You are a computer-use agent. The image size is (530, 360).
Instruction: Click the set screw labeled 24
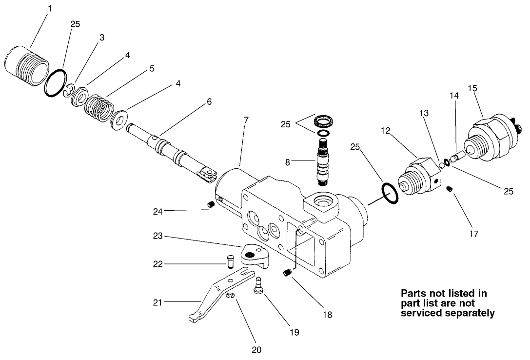(x=212, y=204)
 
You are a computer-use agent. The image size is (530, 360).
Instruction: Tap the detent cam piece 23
(x=255, y=256)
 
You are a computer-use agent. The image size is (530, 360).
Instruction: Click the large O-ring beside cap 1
(x=55, y=82)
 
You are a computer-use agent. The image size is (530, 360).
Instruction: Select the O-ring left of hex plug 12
(x=389, y=194)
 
